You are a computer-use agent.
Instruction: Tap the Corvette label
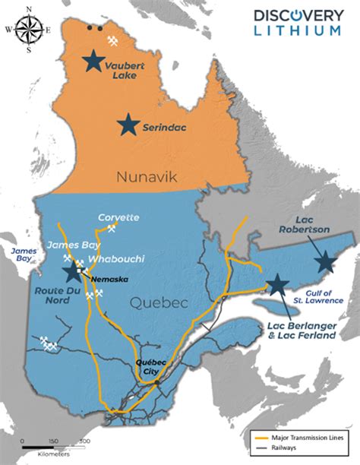[x=119, y=218]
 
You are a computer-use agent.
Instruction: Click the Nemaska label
[x=106, y=279]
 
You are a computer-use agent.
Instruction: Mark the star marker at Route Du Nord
[x=74, y=273]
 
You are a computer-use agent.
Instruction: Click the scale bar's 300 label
[x=85, y=441]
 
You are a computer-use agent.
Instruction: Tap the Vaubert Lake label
[x=125, y=70]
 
